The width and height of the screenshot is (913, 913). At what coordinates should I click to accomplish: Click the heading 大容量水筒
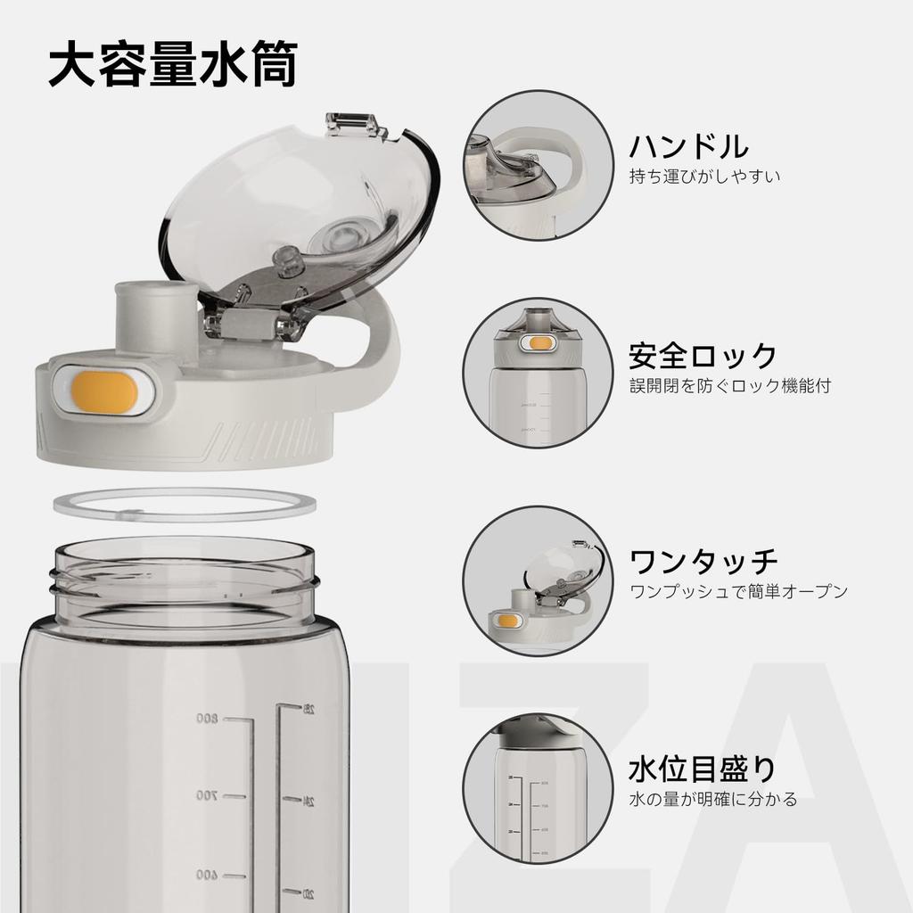[x=171, y=66]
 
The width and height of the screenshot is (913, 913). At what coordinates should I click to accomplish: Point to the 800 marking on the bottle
[x=208, y=719]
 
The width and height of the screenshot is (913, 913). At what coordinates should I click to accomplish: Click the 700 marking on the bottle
[x=208, y=795]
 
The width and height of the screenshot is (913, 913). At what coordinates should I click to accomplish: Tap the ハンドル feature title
[x=688, y=145]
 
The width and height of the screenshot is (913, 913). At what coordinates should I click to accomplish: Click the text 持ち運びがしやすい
[x=704, y=177]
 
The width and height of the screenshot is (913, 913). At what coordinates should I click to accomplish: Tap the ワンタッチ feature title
[x=703, y=562]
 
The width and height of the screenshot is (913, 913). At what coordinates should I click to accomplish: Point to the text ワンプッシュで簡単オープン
[x=738, y=592]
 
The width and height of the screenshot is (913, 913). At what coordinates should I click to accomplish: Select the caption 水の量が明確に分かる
[x=712, y=799]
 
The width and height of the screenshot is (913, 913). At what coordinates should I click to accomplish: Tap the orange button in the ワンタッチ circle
[x=508, y=621]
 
